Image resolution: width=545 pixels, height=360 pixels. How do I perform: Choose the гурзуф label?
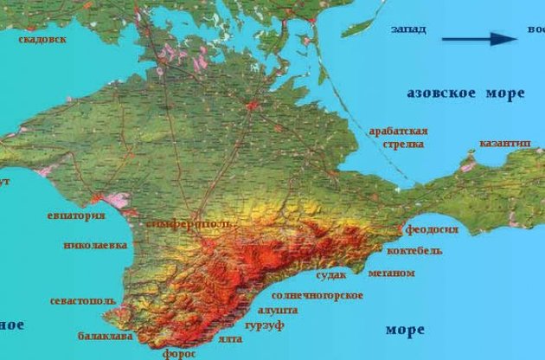[x=264, y=325]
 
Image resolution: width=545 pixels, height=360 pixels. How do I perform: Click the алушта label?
[x=278, y=309]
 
